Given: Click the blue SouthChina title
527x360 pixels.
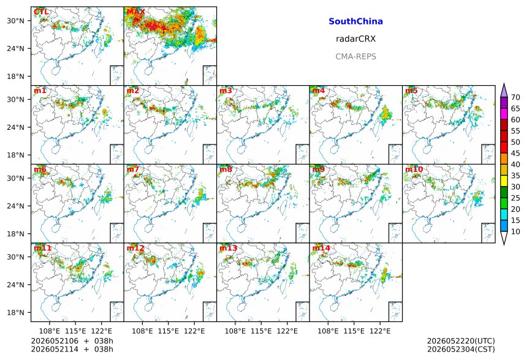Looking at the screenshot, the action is [355, 21].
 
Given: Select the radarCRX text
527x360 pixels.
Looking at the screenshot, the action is [355, 39].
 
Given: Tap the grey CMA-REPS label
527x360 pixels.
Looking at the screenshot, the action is [355, 56].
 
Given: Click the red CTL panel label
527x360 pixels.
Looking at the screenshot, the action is [41, 12].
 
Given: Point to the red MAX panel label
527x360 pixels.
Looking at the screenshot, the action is [136, 12].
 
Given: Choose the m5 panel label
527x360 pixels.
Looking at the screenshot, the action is [411, 91].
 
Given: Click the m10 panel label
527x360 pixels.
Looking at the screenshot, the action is [414, 169].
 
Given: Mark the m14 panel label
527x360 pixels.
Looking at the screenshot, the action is [321, 248].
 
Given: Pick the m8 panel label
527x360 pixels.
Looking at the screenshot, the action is [226, 169].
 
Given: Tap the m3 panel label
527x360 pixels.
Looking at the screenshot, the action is [226, 91].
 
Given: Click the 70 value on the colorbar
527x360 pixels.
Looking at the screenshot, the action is [515, 97].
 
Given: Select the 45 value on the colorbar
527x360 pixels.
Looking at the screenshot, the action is [515, 154].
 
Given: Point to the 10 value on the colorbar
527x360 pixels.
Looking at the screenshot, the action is [515, 231].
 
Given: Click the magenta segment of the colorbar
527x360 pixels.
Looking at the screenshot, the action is [504, 114].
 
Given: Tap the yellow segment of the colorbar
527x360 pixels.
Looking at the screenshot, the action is [504, 181].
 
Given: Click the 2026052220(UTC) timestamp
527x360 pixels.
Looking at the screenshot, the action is [461, 341].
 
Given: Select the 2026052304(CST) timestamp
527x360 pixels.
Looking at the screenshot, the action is [461, 350].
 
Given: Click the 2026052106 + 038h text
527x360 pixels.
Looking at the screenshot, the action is [72, 341].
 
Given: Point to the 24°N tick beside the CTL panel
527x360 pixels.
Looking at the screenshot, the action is [16, 49].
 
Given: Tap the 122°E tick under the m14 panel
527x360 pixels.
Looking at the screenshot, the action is [380, 331].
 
